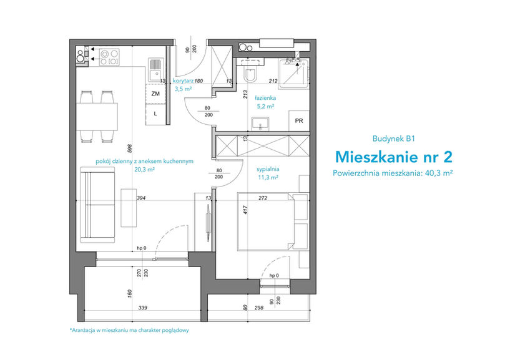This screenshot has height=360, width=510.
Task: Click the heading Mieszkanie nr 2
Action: tap(393, 157)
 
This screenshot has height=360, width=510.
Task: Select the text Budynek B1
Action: tap(393, 139)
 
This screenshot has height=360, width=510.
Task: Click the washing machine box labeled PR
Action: tap(299, 120)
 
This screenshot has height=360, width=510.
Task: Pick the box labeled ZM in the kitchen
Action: tap(155, 94)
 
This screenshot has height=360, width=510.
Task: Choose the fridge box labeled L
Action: tap(155, 114)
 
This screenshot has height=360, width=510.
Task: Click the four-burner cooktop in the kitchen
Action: tap(109, 57)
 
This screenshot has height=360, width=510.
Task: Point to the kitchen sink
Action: tap(156, 69)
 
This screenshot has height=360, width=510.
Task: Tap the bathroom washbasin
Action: tap(260, 124)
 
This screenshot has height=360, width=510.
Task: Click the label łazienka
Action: tap(265, 97)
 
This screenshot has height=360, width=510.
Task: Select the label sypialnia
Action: tap(268, 169)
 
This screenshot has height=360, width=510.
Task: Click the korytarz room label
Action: tap(183, 81)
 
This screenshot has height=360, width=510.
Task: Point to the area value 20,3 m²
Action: tap(144, 170)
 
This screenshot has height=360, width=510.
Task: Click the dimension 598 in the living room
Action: tap(130, 148)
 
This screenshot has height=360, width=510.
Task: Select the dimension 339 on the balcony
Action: tap(143, 308)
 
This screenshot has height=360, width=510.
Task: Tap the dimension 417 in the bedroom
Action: tap(245, 210)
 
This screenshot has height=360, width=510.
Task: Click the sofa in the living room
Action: tap(97, 205)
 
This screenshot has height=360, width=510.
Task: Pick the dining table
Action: tap(97, 117)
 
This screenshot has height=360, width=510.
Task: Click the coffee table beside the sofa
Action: tap(129, 208)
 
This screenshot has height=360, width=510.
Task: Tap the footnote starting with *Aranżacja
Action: tap(129, 331)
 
